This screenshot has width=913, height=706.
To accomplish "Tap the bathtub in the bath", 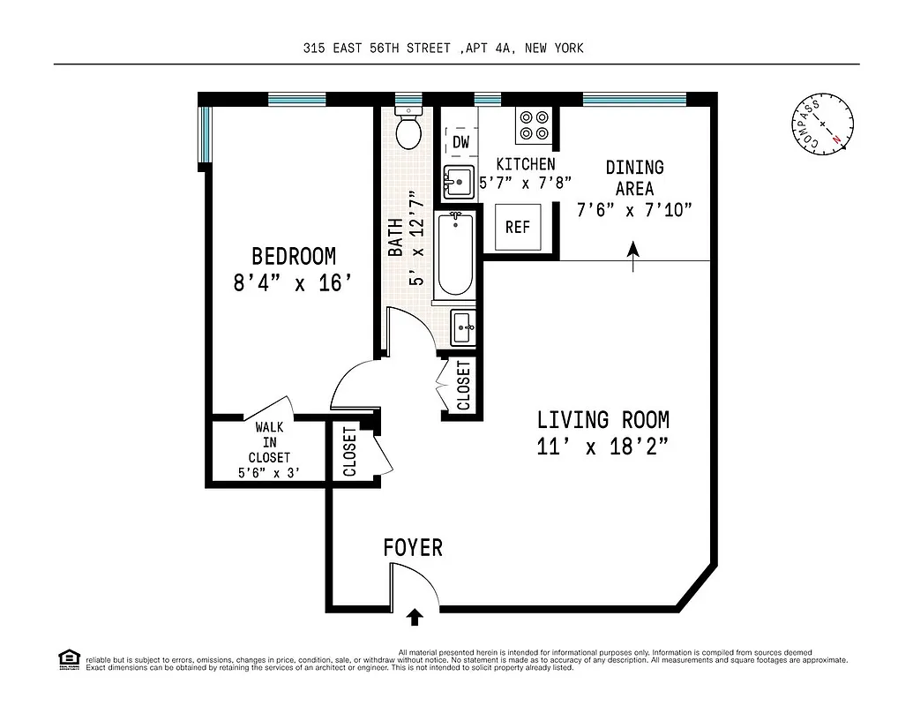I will coord(456,255).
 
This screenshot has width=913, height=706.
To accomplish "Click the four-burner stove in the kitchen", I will coord(533,125).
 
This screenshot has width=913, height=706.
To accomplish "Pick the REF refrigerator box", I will coord(518,228).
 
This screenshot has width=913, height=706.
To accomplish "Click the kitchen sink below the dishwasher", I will coord(458,183).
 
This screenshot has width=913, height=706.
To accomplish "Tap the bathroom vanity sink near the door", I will coord(463,327).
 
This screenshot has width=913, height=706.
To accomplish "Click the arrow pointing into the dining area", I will coord(633,255).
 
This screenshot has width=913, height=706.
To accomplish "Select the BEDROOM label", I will coord(294,257).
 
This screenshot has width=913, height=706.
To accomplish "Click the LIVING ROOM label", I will coord(602,420).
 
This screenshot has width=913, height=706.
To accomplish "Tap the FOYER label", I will coord(413,548).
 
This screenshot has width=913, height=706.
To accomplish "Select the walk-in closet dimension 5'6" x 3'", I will coord(269,473).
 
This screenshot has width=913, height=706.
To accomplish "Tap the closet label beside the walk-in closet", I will coord(350,452).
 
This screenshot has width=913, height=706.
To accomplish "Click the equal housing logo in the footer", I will coord(69,658).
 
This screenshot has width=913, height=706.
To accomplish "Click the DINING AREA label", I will coord(634,177).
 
